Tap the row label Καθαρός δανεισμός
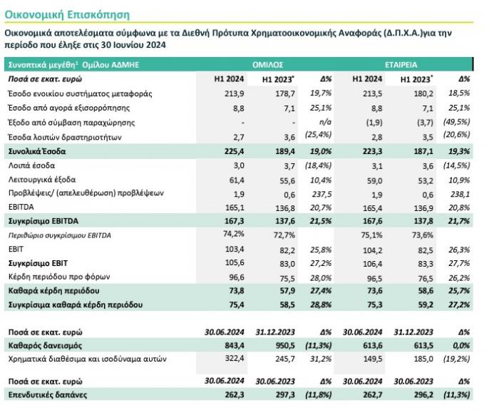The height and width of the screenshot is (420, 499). click(43, 344)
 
